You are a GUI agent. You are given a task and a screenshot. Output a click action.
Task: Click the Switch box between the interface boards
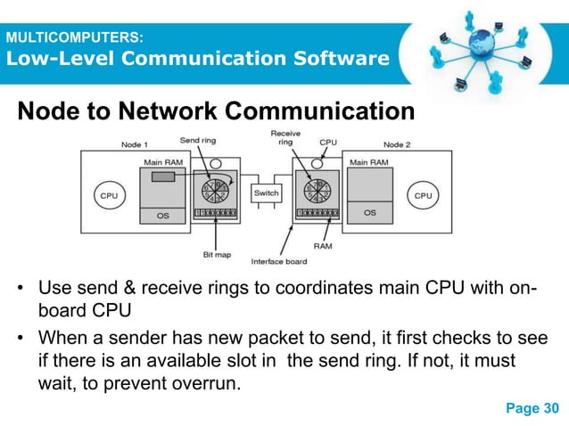pyautogui.click(x=266, y=193)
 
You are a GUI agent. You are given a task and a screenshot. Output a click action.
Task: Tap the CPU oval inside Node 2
pyautogui.click(x=422, y=195)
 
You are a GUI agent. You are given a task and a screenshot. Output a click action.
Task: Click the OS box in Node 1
pyautogui.click(x=162, y=214)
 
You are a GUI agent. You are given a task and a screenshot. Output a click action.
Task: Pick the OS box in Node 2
pyautogui.click(x=370, y=213)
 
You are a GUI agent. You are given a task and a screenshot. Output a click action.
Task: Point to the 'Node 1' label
pyautogui.click(x=136, y=143)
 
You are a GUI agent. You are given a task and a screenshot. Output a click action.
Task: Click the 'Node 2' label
pyautogui.click(x=399, y=143)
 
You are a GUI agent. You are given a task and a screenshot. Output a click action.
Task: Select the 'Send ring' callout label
pyautogui.click(x=196, y=140)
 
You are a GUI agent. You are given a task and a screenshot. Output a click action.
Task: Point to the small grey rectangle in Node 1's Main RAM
pyautogui.click(x=162, y=178)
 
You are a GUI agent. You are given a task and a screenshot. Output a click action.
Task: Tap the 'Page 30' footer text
pyautogui.click(x=532, y=408)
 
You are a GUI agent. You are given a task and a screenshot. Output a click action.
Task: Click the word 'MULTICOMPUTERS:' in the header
pyautogui.click(x=70, y=38)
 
